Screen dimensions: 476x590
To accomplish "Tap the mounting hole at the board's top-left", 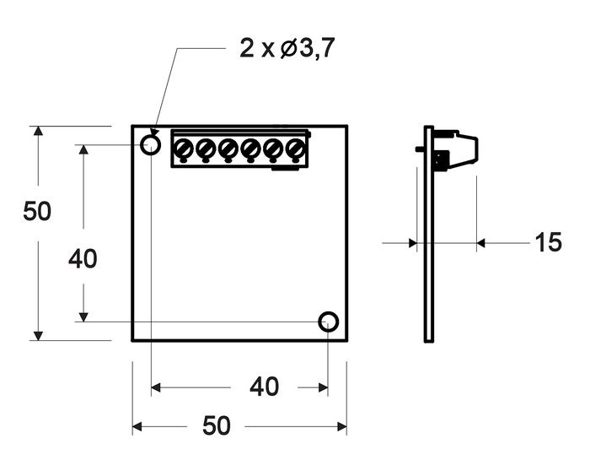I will pyautogui.click(x=150, y=145).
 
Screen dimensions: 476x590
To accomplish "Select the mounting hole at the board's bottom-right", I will pyautogui.click(x=328, y=322).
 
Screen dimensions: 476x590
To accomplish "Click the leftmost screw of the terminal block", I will pyautogui.click(x=183, y=149).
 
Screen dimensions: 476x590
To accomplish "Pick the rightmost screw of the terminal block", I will pyautogui.click(x=294, y=149).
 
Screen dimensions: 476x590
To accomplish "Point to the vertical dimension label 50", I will pyautogui.click(x=37, y=212).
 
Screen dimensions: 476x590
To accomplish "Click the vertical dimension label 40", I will pyautogui.click(x=83, y=260).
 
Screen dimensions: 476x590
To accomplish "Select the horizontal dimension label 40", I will pyautogui.click(x=264, y=387).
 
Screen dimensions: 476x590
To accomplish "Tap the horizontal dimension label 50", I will pyautogui.click(x=217, y=427).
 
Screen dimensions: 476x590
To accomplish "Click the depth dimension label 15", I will pyautogui.click(x=548, y=243).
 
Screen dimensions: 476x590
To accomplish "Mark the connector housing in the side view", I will pyautogui.click(x=459, y=149).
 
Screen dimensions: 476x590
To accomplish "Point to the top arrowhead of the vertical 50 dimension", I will pyautogui.click(x=37, y=133).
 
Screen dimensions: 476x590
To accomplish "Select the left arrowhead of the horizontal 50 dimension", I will pyautogui.click(x=138, y=427).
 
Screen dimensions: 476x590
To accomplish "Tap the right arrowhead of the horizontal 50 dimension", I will pyautogui.click(x=341, y=427).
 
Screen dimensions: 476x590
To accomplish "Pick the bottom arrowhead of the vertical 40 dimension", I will pyautogui.click(x=83, y=316).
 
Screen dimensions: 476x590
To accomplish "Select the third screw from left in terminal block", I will pyautogui.click(x=228, y=149).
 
